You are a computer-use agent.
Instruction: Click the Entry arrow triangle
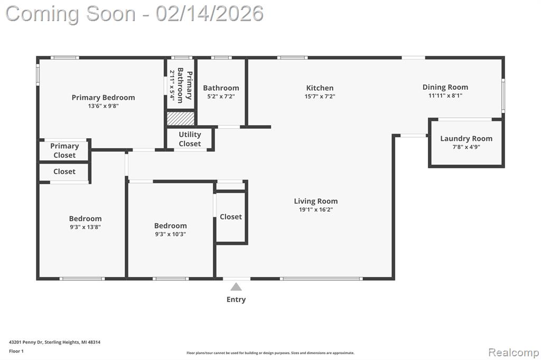coord(236,287)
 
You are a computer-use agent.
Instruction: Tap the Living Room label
coord(316,201)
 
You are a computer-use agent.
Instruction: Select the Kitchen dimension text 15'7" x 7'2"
coord(320,97)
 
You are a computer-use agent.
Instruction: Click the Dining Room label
coord(445,87)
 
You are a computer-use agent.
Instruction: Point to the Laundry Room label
coord(466,139)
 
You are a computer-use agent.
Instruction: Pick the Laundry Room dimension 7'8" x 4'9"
coord(466,147)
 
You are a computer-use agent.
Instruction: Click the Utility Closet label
coord(190,139)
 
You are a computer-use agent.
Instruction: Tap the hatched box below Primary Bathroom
coord(181,118)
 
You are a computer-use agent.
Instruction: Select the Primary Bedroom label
coord(103,98)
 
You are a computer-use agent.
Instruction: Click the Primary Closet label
coord(64,150)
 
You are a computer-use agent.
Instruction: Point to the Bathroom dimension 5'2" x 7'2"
coord(221,97)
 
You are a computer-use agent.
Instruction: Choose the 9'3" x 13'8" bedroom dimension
coord(85,227)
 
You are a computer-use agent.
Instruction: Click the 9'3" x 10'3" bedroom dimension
coord(171,234)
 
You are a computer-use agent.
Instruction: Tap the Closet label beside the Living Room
coord(231,216)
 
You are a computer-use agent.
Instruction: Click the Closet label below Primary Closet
coord(64,172)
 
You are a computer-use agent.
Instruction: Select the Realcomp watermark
coord(514,353)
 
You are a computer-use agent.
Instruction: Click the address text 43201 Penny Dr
coord(26,342)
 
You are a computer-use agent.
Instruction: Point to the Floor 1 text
coord(16,351)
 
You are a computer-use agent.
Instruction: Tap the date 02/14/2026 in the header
coord(209,14)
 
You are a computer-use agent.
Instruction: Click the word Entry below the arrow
coord(236,299)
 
